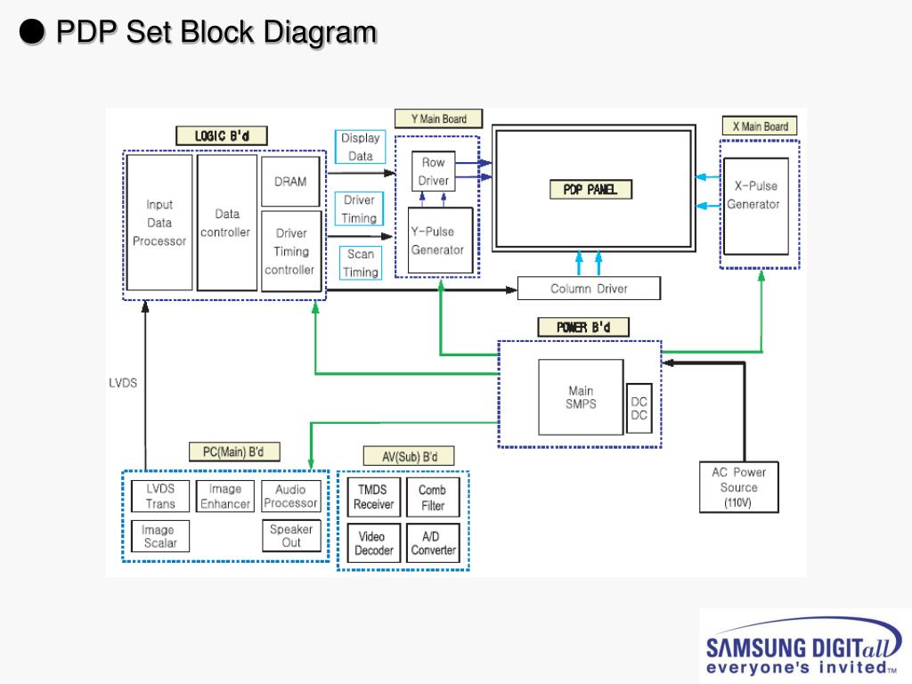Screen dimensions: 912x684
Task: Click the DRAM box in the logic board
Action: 290,182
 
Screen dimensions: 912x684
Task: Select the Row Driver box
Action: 434,172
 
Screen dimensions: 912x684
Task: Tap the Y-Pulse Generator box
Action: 440,240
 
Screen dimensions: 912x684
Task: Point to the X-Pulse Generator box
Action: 755,207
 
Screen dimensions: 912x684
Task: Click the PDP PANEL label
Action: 590,190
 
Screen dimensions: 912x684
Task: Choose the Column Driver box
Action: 589,289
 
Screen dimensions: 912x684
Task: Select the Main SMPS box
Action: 581,397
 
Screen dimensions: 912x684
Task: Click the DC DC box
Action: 639,408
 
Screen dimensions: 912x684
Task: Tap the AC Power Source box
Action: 738,487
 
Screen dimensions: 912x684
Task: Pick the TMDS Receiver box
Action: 374,497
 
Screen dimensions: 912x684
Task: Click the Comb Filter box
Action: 433,497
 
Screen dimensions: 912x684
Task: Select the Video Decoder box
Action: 374,543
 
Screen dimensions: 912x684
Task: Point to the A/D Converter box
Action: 433,543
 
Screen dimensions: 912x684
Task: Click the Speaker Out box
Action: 291,535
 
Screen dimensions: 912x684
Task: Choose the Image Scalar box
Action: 160,536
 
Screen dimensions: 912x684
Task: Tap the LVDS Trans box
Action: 160,496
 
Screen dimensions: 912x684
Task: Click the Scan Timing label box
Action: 361,263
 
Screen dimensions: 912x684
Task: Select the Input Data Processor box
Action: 159,222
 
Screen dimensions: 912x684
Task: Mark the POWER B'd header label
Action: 583,327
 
